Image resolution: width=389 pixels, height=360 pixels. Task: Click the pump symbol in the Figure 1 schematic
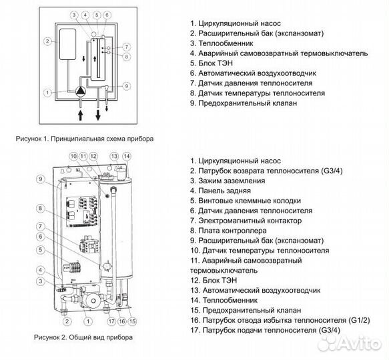pyautogui.click(x=80, y=91)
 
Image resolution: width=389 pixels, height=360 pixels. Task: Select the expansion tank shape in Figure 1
pyautogui.click(x=68, y=44)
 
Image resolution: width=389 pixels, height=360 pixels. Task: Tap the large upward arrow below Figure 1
pyautogui.click(x=80, y=115)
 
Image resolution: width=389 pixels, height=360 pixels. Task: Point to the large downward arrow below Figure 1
pyautogui.click(x=98, y=115)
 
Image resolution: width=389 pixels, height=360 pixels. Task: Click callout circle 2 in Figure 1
pyautogui.click(x=47, y=41)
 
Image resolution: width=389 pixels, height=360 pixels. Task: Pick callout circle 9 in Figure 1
pyautogui.click(x=127, y=86)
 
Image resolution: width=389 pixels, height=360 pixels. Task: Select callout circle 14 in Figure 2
pyautogui.click(x=127, y=156)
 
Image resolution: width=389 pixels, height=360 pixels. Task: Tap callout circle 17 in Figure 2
pyautogui.click(x=111, y=321)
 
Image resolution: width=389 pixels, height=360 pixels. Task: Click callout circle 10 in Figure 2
pyautogui.click(x=73, y=156)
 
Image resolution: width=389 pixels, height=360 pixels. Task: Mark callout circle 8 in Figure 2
pyautogui.click(x=41, y=208)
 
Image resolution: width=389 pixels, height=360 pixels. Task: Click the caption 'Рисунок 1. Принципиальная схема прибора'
pyautogui.click(x=85, y=139)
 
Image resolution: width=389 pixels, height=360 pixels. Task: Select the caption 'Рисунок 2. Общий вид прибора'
pyautogui.click(x=83, y=337)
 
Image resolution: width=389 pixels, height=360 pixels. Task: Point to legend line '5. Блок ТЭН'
pyautogui.click(x=212, y=63)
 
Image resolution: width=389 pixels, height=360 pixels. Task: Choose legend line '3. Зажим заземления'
pyautogui.click(x=228, y=181)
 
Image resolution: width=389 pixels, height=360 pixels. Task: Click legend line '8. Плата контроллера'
pyautogui.click(x=228, y=231)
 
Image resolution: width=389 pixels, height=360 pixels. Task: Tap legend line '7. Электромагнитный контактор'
pyautogui.click(x=246, y=221)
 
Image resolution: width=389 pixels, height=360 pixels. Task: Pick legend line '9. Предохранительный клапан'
pyautogui.click(x=244, y=103)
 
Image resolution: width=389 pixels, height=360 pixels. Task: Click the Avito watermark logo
pyautogui.click(x=350, y=344)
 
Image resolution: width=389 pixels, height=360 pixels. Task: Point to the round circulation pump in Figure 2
pyautogui.click(x=93, y=301)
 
